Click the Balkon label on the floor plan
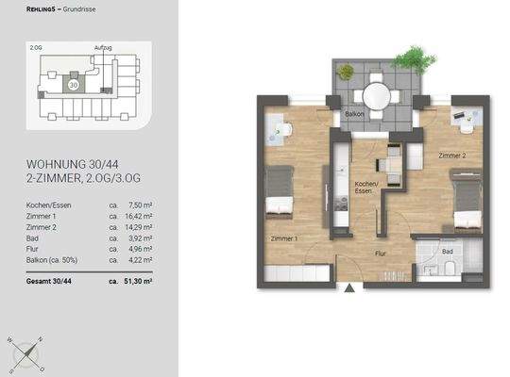pos(354,114)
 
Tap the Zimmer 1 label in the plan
pos(283,239)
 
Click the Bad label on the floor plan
pos(449,253)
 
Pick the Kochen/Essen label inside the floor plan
pos(365,187)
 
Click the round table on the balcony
pos(376,96)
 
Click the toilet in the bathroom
pos(450,271)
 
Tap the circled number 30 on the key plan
pos(73,83)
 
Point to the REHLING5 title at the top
pos(42,10)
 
